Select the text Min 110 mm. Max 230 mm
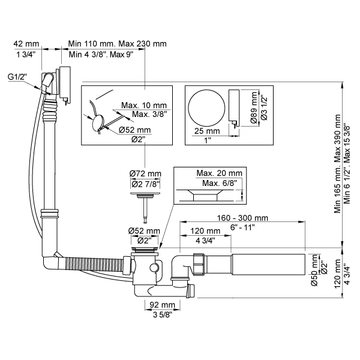tap(118, 44)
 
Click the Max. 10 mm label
tap(147, 106)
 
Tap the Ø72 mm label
tap(145, 174)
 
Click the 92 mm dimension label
tap(163, 304)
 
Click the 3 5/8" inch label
tap(163, 314)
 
